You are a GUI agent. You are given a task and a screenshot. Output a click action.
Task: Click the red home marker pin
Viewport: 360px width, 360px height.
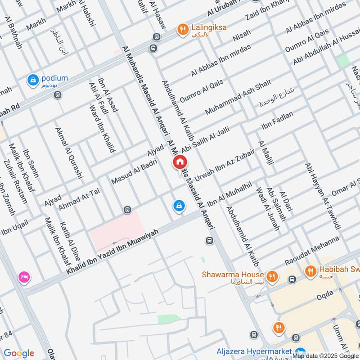coord(180,162)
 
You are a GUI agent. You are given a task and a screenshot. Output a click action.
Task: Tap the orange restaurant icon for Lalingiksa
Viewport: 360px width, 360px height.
coord(183,30)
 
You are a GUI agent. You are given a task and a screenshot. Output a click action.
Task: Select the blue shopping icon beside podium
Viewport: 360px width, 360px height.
coord(32,80)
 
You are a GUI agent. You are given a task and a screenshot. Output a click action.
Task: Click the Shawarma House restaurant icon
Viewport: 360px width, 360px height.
coord(272,275)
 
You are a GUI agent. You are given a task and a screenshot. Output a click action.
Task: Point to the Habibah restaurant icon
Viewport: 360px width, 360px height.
coord(310,271)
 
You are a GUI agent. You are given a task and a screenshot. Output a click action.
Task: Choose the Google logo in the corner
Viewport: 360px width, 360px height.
coord(18,353)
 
